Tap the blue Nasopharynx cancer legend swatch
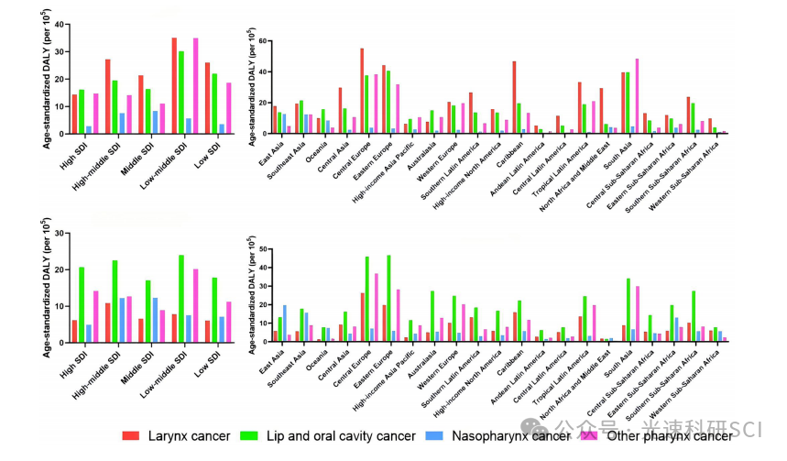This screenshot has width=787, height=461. tap(436, 436)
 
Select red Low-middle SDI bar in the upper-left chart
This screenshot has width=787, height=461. tap(174, 85)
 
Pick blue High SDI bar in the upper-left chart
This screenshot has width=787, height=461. tap(89, 129)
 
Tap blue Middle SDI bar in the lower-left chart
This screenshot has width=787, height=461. tap(155, 320)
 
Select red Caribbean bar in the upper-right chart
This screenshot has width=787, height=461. tap(514, 97)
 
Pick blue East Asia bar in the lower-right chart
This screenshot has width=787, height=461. tap(285, 324)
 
